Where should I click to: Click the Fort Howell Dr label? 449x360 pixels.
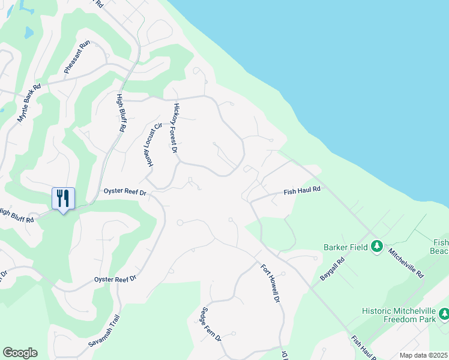click(x=270, y=283)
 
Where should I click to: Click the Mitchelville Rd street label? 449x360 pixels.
click(x=406, y=263)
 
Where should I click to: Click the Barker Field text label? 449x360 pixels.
click(x=345, y=247)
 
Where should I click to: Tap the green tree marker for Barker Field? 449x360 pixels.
click(x=377, y=247)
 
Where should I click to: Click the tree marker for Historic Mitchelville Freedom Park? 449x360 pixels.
click(x=444, y=313)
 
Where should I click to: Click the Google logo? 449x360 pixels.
click(x=20, y=353)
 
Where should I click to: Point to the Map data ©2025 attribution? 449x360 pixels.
click(x=423, y=355)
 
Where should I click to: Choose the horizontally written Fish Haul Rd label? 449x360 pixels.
click(x=303, y=191)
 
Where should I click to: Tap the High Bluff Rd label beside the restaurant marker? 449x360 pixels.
click(x=16, y=216)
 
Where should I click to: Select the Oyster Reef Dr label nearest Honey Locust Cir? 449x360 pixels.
click(x=125, y=192)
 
